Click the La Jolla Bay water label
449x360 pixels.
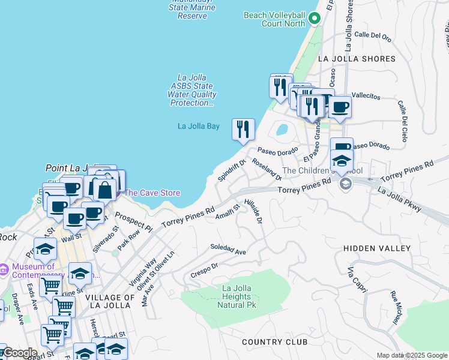pos(198,126)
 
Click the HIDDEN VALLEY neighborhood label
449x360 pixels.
pos(377,248)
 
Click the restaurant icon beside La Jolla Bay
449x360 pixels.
pos(243,130)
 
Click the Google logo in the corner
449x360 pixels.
pos(19,353)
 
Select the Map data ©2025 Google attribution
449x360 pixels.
pos(411,355)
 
